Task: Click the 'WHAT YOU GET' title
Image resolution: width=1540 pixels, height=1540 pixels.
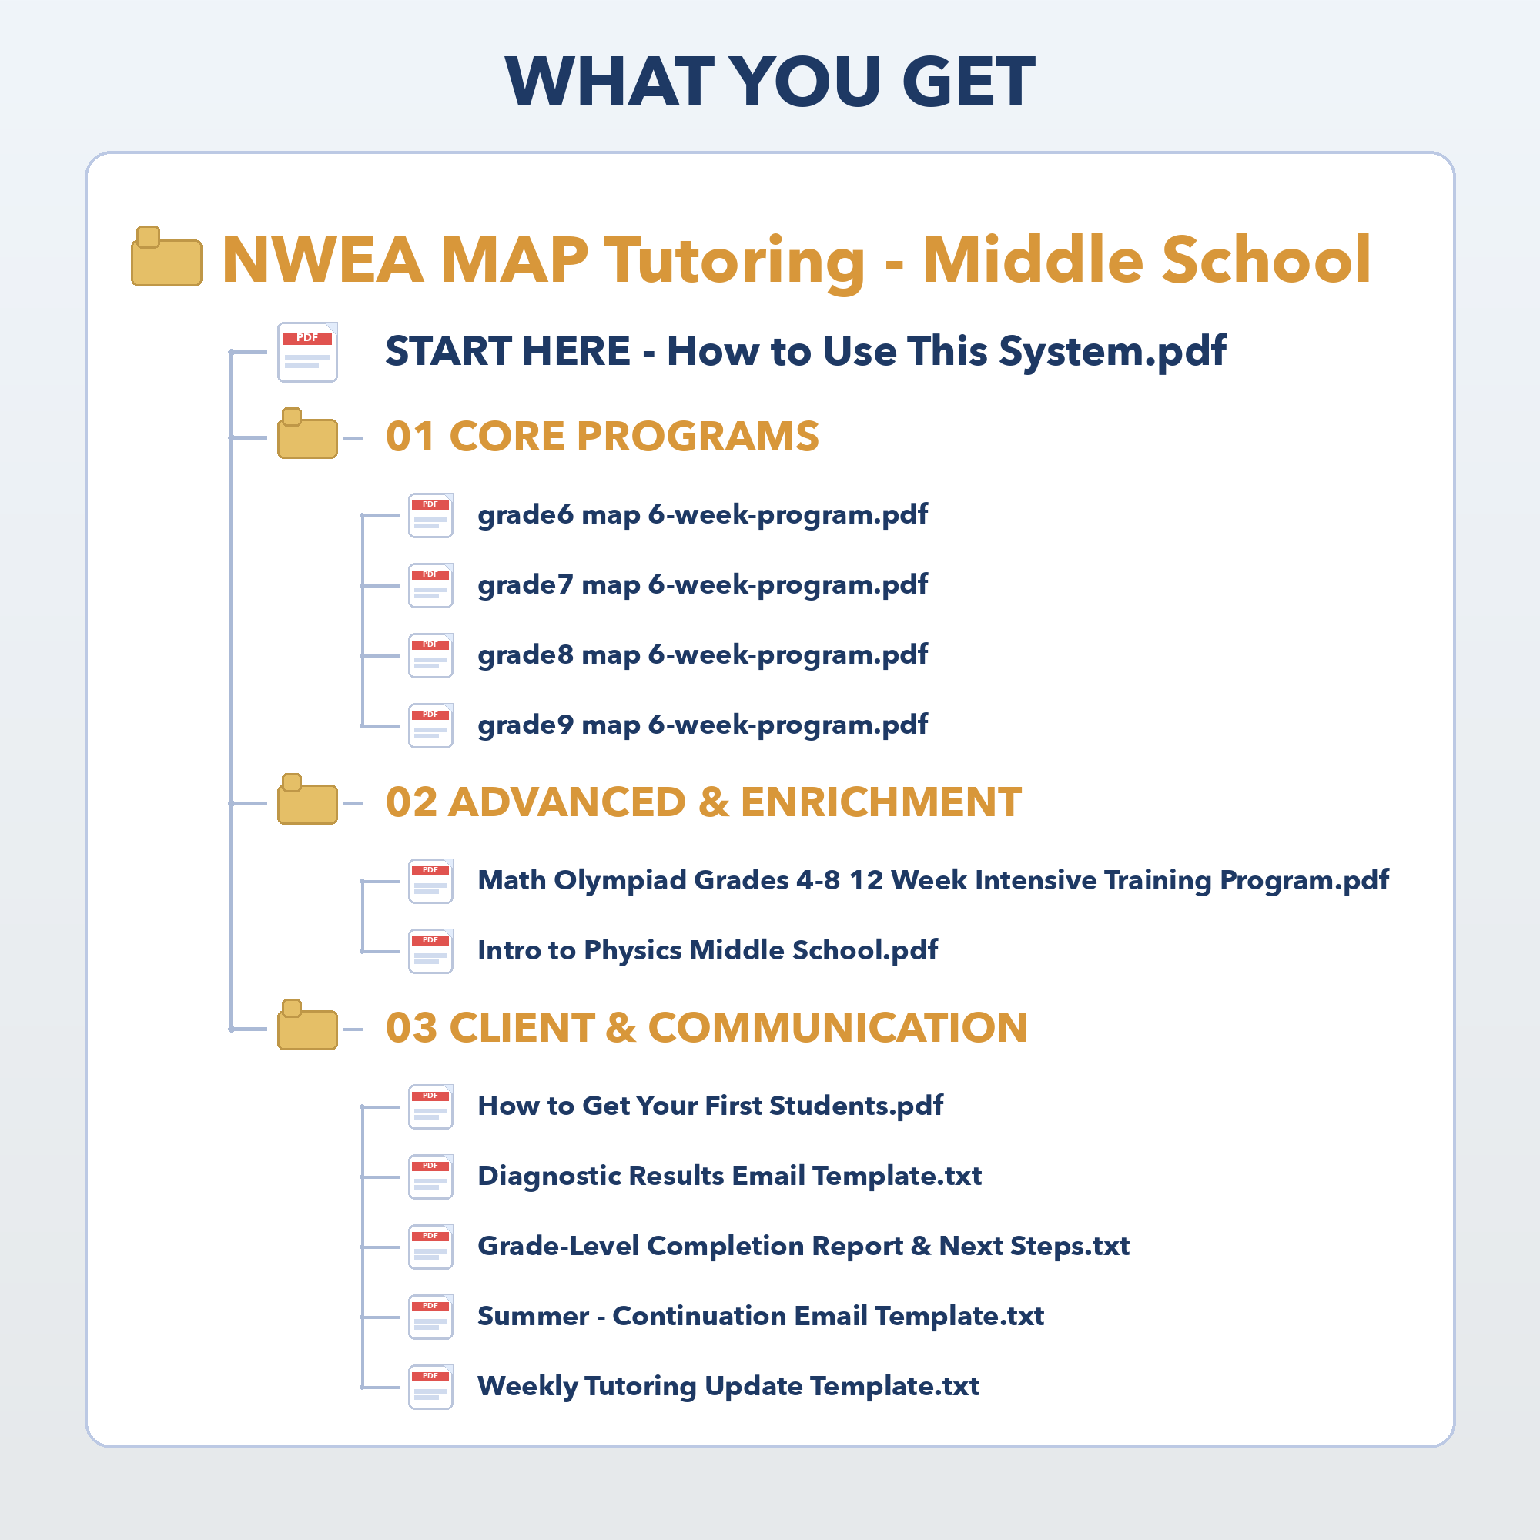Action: (x=770, y=82)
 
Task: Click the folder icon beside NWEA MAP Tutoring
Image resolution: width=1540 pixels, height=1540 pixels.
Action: (x=166, y=257)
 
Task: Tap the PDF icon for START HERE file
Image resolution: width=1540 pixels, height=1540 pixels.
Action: (x=307, y=352)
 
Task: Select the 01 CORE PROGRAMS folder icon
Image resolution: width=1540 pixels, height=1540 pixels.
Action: (x=307, y=434)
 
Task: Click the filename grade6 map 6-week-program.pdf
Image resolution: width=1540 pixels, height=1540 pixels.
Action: (x=702, y=515)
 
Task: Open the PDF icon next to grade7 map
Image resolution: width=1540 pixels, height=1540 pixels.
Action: (x=430, y=585)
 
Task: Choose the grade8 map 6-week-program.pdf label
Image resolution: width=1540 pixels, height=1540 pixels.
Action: (x=702, y=655)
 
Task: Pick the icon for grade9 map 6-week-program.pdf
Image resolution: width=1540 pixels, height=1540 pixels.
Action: (x=430, y=725)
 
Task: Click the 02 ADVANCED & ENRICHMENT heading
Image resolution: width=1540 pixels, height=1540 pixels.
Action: (x=703, y=802)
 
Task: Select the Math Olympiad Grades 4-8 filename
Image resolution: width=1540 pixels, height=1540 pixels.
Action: (x=932, y=880)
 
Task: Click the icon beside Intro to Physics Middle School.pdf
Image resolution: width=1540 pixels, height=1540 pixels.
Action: (x=430, y=951)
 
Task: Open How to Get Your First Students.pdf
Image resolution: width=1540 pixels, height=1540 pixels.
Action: (x=709, y=1106)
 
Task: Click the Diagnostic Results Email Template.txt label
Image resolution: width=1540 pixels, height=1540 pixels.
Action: (x=729, y=1177)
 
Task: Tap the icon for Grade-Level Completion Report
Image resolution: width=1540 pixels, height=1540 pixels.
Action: (x=430, y=1247)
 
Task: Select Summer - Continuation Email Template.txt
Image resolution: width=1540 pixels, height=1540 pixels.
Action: (x=761, y=1317)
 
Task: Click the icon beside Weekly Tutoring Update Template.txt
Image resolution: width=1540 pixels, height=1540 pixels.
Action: (x=430, y=1387)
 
